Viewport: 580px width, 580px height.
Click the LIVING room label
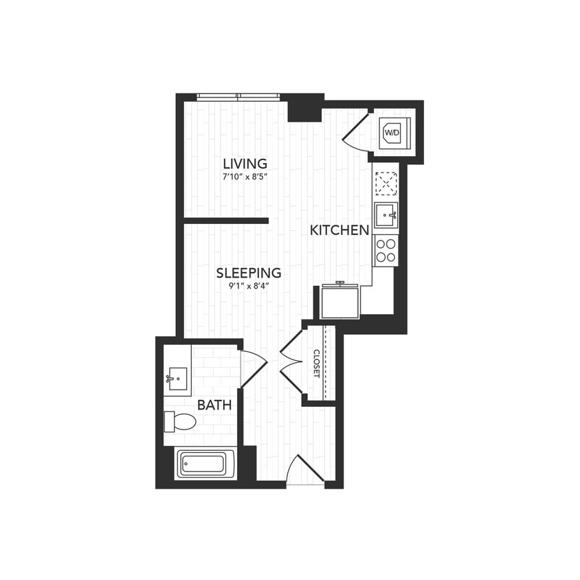tap(245, 164)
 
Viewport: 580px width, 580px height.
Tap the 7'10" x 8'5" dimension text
tap(245, 177)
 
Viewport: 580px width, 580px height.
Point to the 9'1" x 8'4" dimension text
tap(249, 286)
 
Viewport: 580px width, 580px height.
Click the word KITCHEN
tap(339, 230)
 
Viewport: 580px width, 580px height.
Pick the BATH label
tap(214, 405)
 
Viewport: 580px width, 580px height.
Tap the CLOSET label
tap(317, 363)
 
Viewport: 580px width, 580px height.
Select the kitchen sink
tap(386, 214)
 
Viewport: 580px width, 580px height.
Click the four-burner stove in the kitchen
tap(386, 250)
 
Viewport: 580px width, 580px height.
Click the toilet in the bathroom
tap(181, 421)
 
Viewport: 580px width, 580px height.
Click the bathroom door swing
tap(252, 368)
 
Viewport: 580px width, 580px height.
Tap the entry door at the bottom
tap(305, 470)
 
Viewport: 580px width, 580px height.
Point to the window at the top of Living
tap(238, 97)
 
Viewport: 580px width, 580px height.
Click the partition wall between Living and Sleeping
tap(225, 221)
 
